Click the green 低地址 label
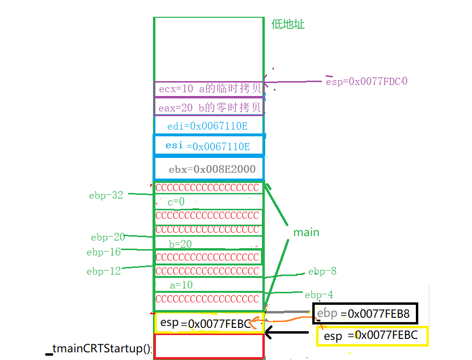click(288, 24)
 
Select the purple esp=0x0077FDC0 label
click(366, 81)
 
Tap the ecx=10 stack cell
click(209, 89)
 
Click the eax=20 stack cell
click(209, 108)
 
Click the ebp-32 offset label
click(106, 195)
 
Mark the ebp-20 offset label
click(108, 237)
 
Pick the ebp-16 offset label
click(104, 252)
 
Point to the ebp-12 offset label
click(104, 271)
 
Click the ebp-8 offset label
click(322, 272)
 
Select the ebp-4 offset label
click(319, 295)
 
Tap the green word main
click(306, 232)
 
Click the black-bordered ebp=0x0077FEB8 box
click(365, 314)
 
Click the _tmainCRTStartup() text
click(101, 349)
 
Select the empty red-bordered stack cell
click(209, 346)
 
